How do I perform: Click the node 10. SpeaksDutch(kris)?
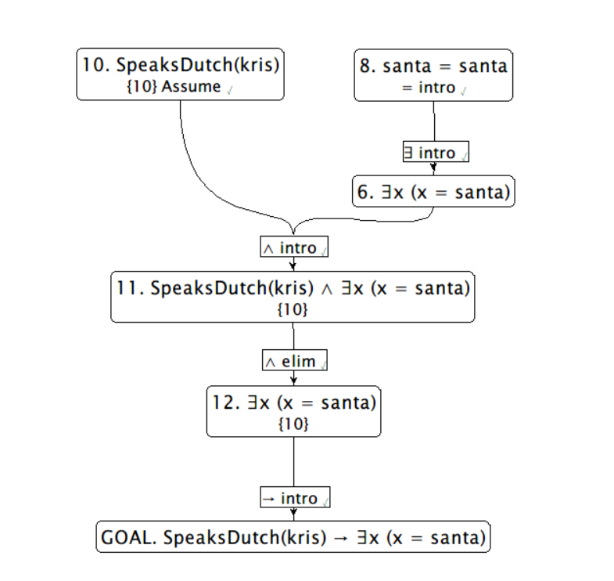pos(180,74)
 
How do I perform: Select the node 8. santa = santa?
pos(433,74)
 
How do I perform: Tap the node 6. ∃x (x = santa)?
pos(433,192)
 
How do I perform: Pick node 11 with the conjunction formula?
pos(293,298)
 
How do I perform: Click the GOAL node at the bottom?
pos(293,537)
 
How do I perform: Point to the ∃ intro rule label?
pos(435,153)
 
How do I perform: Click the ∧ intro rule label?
pos(294,247)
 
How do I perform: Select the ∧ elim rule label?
pos(294,361)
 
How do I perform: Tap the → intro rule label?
pos(294,498)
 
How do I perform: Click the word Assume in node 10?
pos(191,87)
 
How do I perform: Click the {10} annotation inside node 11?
pos(293,310)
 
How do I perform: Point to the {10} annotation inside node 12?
pos(293,424)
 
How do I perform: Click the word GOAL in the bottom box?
pos(130,538)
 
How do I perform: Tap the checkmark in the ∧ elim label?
pos(322,363)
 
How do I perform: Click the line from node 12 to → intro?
pos(293,462)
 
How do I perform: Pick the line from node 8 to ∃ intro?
pos(433,122)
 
